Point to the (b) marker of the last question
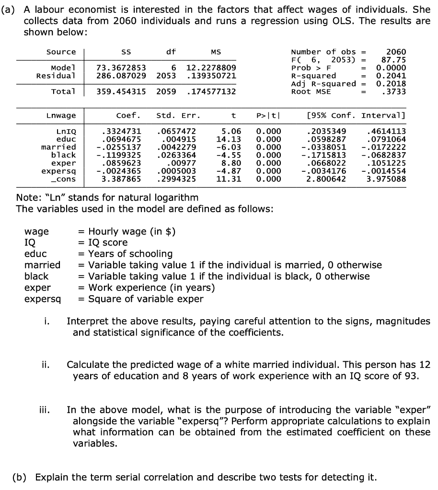coord(21,477)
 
